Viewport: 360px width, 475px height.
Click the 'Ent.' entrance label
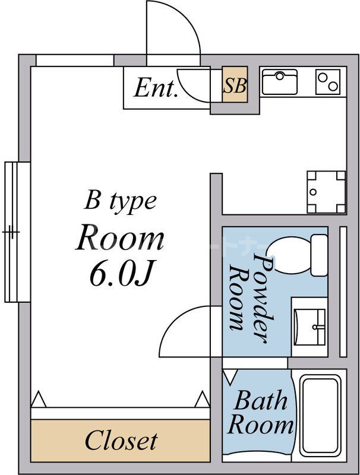[156, 88]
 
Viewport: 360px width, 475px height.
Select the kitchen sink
[280, 82]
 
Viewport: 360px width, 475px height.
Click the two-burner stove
[328, 82]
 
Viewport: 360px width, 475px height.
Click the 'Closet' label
[121, 441]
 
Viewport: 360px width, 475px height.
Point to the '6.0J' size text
[122, 274]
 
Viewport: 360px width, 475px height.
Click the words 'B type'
[120, 201]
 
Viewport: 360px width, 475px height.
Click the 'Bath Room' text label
[260, 413]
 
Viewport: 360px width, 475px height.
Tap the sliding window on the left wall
[16, 232]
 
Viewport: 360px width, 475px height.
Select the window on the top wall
[74, 60]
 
